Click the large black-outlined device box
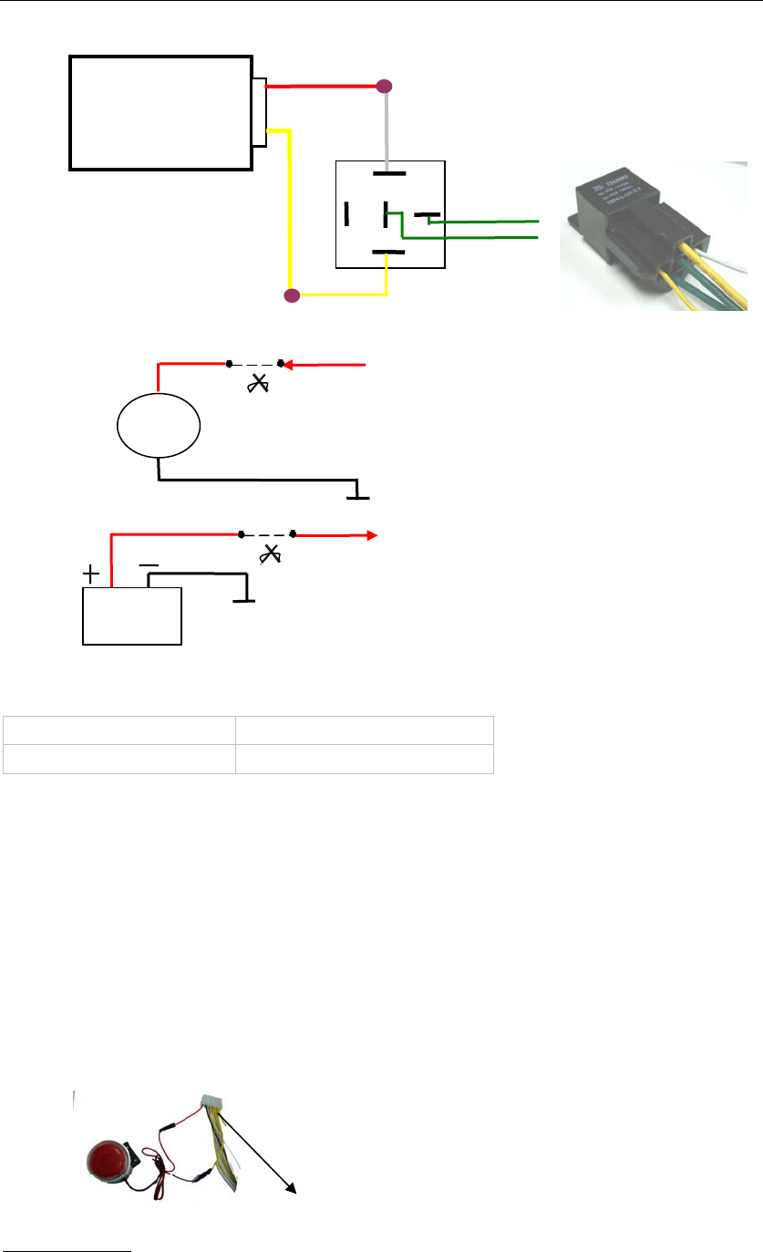[161, 112]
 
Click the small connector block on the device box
[260, 111]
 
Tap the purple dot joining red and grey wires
[385, 88]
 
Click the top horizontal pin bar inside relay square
[389, 172]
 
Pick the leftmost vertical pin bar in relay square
[346, 214]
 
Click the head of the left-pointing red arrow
[286, 366]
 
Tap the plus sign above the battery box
[92, 574]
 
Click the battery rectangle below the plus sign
[132, 616]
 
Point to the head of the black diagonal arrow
[291, 1187]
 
